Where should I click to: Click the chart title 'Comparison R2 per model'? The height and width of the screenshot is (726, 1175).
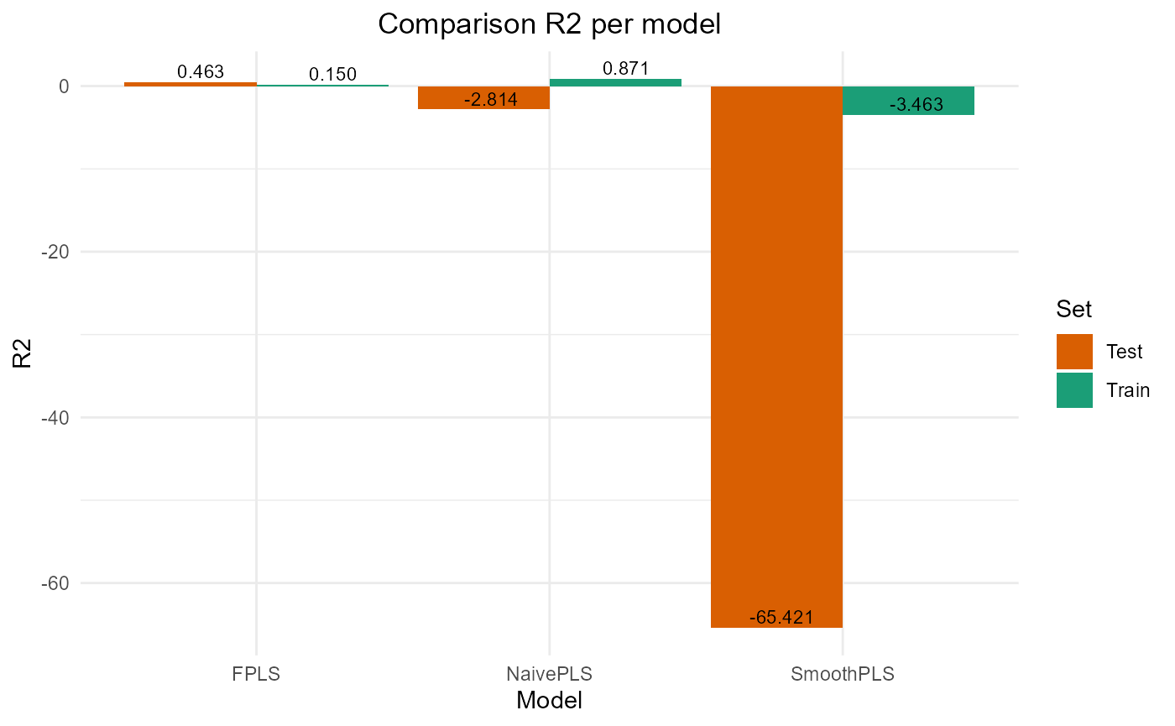[550, 24]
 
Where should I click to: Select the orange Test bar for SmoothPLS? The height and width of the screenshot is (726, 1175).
[776, 353]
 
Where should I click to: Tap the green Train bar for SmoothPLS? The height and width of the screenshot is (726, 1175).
[908, 94]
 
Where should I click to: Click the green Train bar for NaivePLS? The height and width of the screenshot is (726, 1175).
[615, 82]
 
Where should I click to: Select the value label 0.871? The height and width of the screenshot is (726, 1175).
[625, 69]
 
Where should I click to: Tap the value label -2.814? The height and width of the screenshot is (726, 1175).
[491, 100]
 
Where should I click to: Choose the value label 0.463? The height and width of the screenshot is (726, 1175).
[201, 71]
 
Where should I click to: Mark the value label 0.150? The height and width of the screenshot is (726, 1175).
[332, 74]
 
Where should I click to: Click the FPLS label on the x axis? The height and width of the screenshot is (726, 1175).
[256, 674]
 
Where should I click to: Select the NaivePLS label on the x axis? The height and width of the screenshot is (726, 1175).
[549, 674]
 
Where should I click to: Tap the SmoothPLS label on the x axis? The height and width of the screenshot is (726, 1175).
[842, 674]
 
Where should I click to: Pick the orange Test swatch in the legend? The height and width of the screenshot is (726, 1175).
[1074, 352]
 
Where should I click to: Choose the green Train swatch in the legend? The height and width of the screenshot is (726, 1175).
[1074, 390]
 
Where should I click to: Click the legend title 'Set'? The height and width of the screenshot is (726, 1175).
[1073, 310]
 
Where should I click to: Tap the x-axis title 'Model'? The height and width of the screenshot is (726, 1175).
[549, 700]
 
